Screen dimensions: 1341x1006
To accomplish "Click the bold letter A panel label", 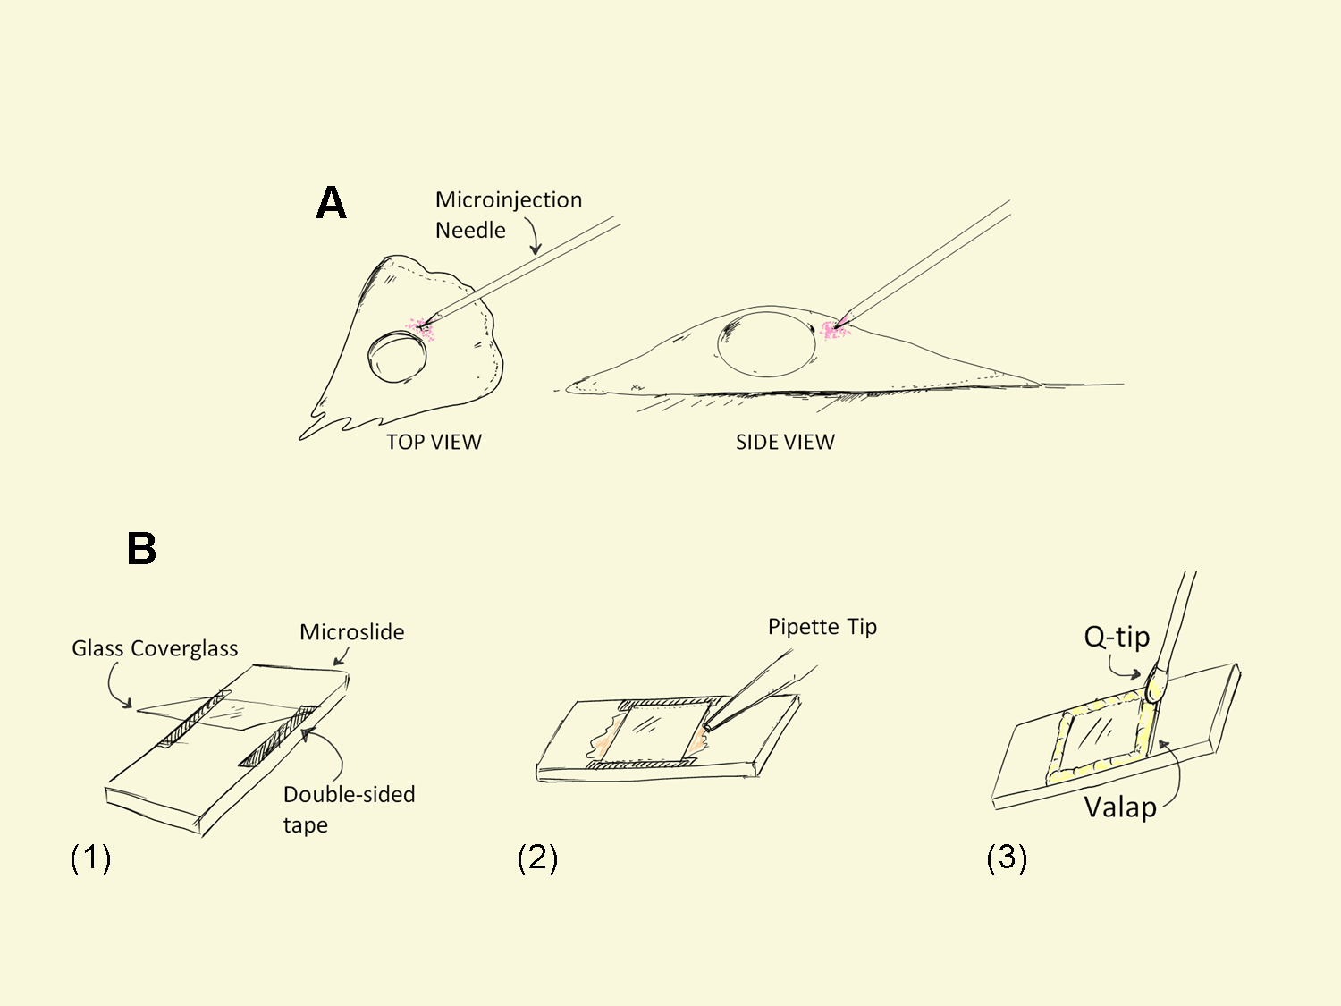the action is (331, 204).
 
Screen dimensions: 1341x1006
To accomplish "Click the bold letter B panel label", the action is (142, 548).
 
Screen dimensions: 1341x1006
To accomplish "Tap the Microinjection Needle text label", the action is (508, 215).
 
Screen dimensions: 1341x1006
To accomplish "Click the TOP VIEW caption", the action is (434, 442).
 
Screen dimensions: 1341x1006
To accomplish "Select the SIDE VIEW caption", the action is (785, 442).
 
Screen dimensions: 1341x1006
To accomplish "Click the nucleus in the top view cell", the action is (398, 356).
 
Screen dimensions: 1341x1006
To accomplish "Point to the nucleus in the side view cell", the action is (767, 344).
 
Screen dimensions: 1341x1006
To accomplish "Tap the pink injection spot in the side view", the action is (835, 330).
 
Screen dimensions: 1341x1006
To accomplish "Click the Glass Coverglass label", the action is (155, 648).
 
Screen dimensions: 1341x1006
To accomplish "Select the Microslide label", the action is (351, 632).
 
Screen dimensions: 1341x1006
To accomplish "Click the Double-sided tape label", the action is (349, 808).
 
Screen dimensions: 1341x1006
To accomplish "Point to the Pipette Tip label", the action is (822, 627).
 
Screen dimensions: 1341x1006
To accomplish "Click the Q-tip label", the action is (1117, 637).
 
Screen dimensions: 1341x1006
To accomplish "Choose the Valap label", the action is (1120, 807).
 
